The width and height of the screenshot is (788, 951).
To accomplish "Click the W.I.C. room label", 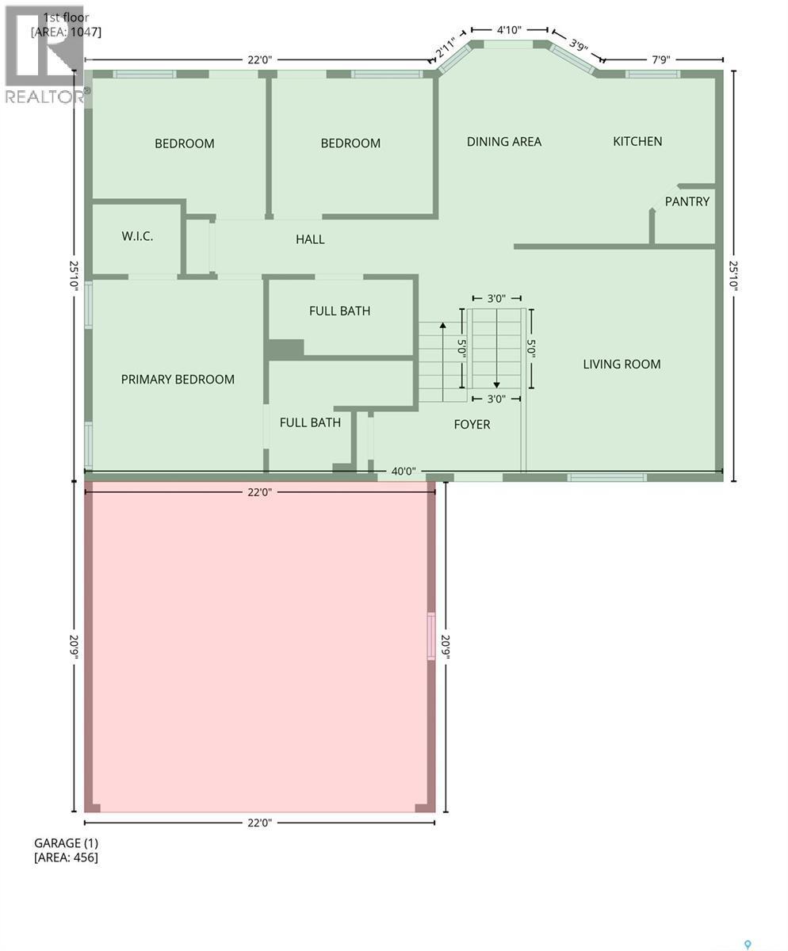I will (137, 236).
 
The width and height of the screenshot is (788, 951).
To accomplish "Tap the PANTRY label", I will (687, 201).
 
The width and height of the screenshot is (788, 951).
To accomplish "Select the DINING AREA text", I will (503, 142).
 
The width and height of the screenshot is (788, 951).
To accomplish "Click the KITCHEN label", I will (637, 141).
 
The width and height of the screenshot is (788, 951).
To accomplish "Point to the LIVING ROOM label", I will (622, 365).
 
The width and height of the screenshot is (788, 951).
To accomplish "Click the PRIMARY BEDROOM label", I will (178, 380).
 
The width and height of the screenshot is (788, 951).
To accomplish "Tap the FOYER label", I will (472, 425).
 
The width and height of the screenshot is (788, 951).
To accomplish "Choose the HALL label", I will (310, 239).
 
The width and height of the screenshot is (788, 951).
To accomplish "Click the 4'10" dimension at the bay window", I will (508, 30).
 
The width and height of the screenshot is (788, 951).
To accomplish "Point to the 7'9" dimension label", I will (660, 59).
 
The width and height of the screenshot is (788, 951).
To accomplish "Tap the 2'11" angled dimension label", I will (446, 49).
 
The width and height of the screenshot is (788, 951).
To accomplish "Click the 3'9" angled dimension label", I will (578, 44).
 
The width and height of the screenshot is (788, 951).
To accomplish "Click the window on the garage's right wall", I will (431, 636).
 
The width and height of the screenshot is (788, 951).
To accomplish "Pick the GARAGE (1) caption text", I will (66, 843).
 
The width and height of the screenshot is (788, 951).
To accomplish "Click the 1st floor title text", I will (67, 17).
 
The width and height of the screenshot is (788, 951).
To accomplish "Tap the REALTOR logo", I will (44, 55).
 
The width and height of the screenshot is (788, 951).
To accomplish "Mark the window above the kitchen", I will (652, 74).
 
